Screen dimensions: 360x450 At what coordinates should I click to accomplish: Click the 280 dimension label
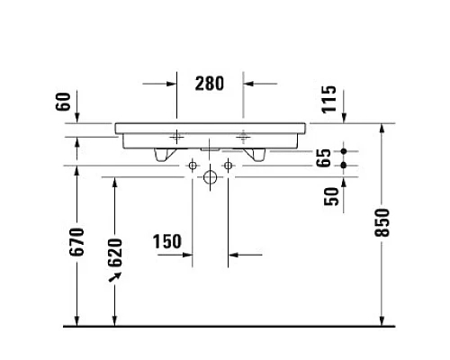tap(210, 83)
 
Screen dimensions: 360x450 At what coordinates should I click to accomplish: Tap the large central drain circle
tap(210, 177)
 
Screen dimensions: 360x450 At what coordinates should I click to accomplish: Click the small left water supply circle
tap(192, 165)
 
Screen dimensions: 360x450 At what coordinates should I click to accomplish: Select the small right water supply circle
tap(228, 165)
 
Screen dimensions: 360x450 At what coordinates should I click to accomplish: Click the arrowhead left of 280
tap(170, 83)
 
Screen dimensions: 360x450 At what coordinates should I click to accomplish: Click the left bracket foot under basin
tap(162, 156)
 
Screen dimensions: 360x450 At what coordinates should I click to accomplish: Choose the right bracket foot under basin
tap(258, 156)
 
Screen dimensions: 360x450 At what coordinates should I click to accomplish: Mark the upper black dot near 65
tap(344, 151)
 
